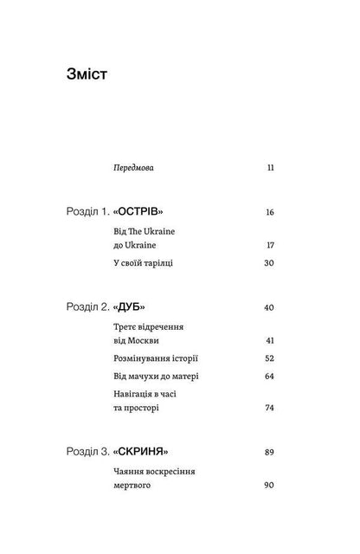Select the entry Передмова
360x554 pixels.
coord(138,164)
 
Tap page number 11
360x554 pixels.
coord(270,164)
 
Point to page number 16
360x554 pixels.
coord(270,212)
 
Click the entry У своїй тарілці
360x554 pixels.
coord(143,262)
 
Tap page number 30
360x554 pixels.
coord(269,262)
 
